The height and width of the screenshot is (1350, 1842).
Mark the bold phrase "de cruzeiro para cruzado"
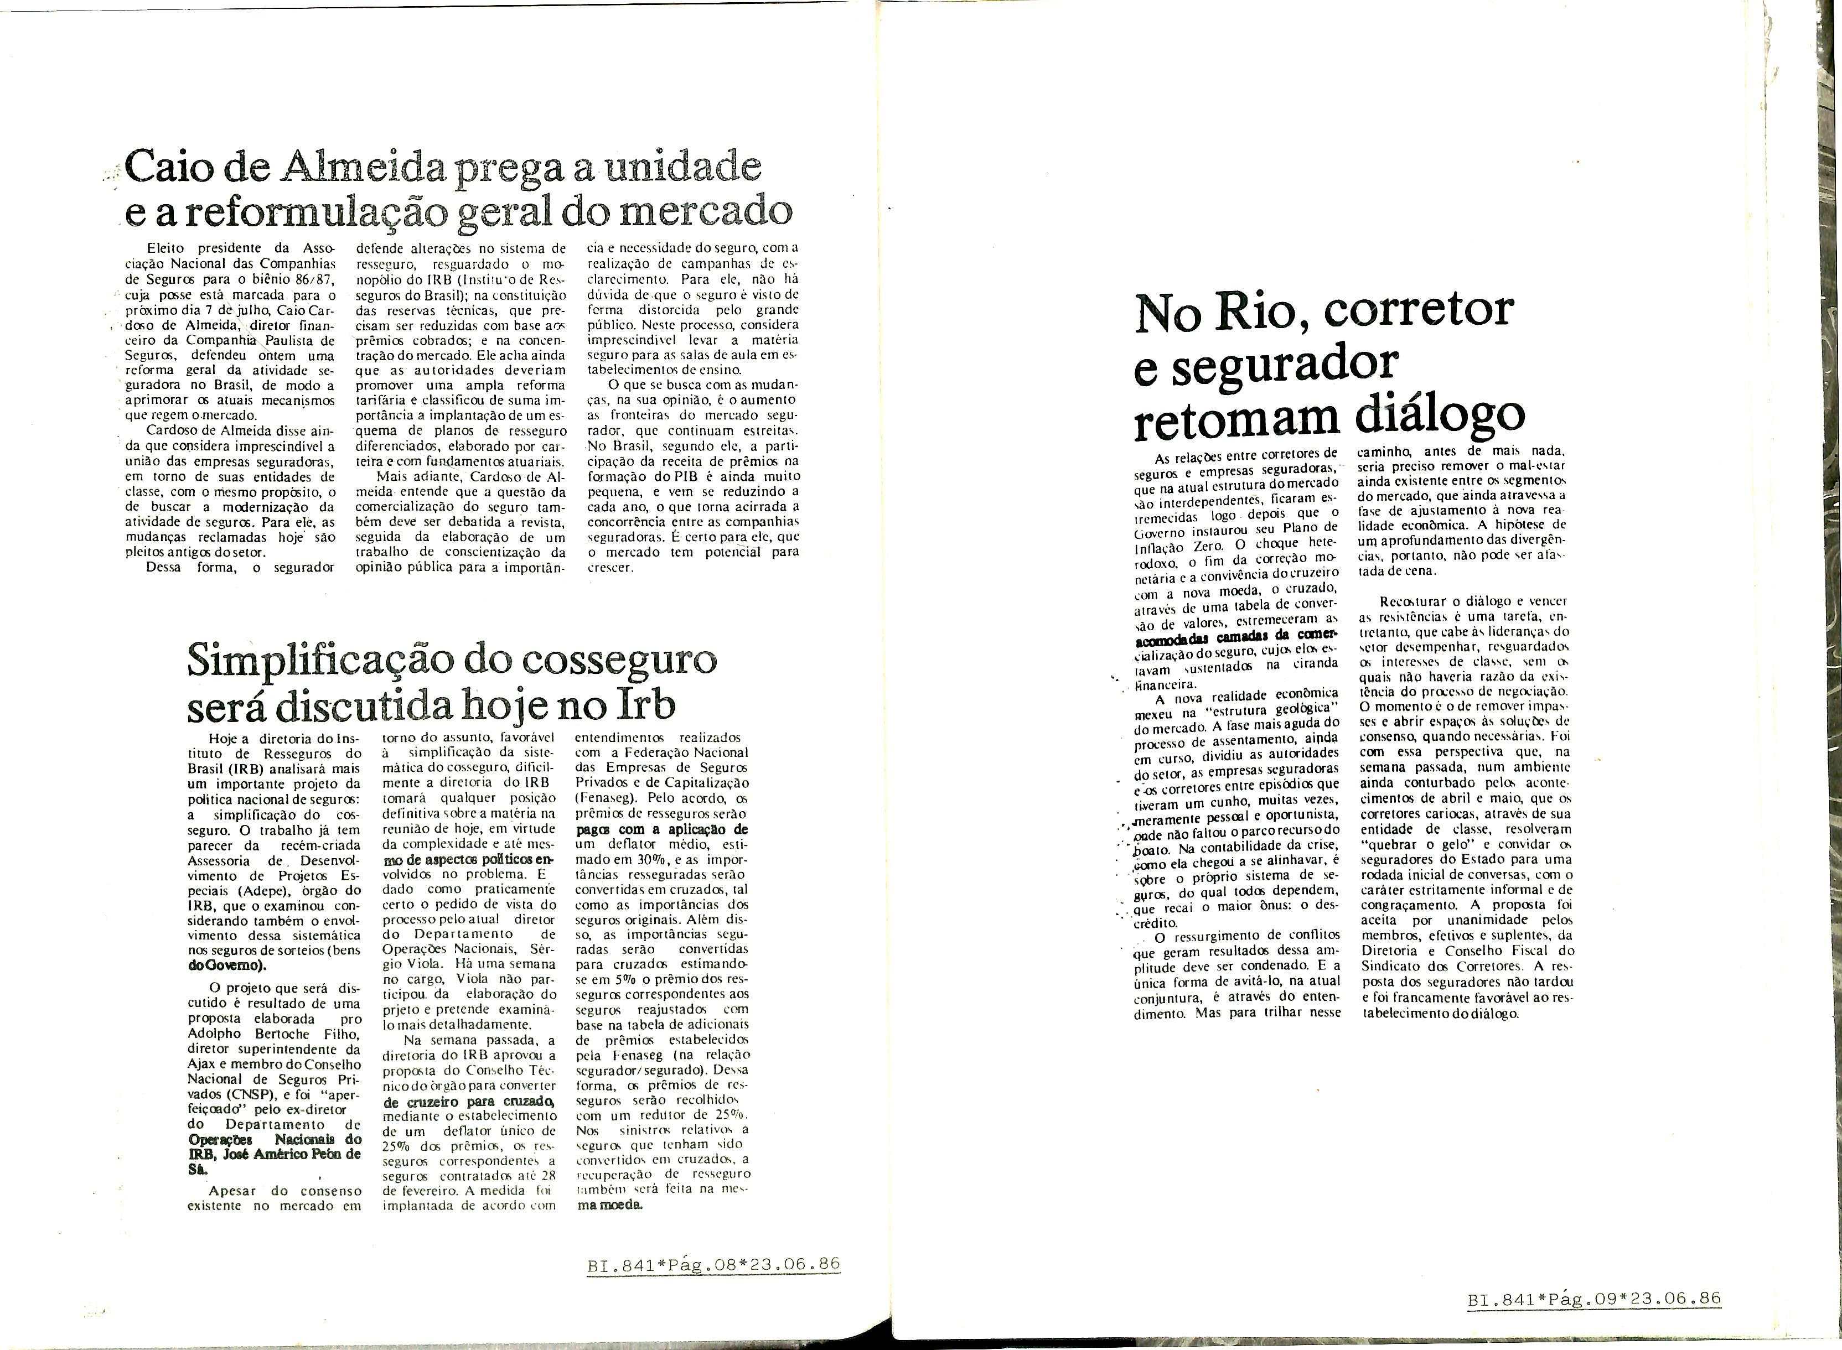coord(468,1101)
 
